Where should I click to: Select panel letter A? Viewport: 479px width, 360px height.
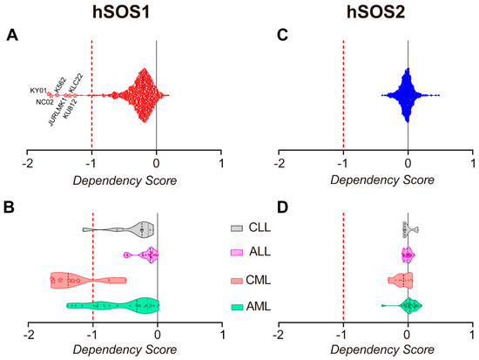11,36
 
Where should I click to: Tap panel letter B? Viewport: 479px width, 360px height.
11,209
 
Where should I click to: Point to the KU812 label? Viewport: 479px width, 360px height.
72,114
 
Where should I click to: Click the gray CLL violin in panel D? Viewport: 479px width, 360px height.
408,229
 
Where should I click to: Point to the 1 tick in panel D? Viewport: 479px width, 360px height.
472,336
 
